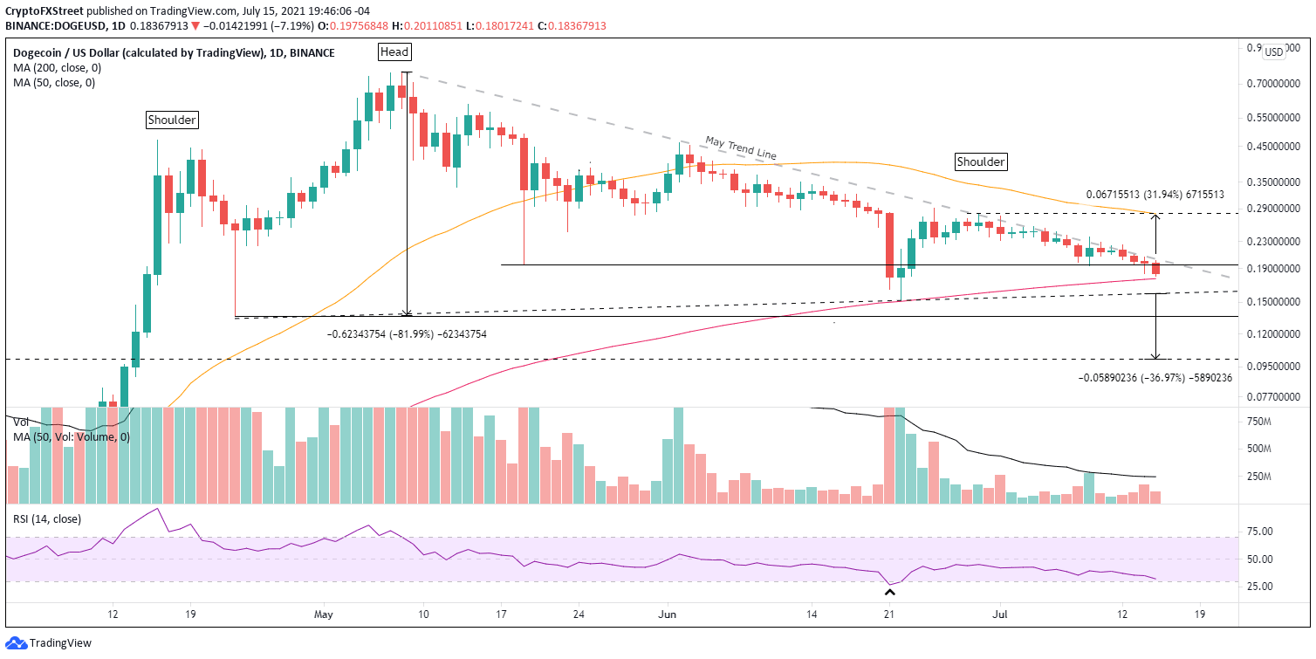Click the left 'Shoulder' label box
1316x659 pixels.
click(172, 120)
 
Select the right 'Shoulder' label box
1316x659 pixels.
click(981, 161)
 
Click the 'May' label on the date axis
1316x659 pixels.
click(323, 615)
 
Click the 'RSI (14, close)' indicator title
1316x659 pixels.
click(46, 518)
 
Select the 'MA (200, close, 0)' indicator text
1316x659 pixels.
click(54, 68)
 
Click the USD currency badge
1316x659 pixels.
click(1273, 51)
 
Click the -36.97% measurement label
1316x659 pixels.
click(1156, 378)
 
